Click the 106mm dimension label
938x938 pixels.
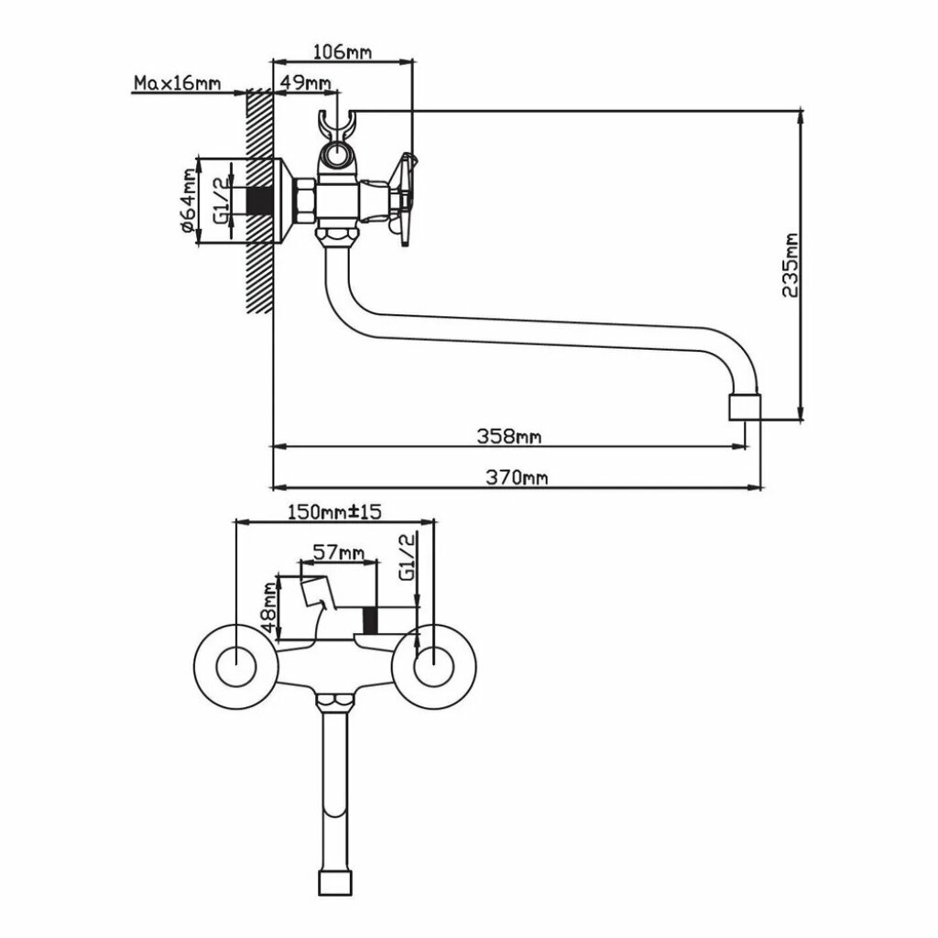343,52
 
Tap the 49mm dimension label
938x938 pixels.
305,82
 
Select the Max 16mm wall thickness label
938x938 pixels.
178,83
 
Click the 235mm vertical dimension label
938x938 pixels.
789,266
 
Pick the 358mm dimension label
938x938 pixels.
508,436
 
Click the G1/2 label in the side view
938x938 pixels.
220,202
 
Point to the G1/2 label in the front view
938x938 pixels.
409,557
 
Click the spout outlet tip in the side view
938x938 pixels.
745,408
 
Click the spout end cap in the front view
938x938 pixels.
333,884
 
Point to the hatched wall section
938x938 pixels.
260,202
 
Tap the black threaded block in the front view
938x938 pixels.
371,620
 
